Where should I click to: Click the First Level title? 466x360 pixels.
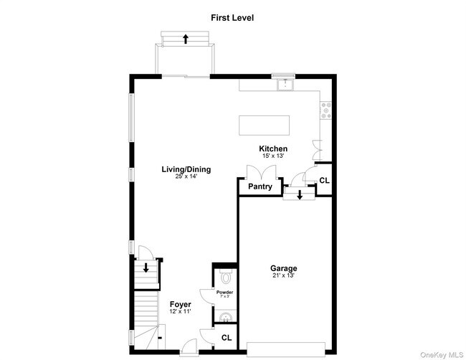click(x=232, y=16)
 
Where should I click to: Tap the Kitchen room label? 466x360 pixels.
click(x=273, y=149)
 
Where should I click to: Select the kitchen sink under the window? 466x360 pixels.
click(x=288, y=85)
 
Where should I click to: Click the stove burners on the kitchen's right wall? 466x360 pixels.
click(x=327, y=109)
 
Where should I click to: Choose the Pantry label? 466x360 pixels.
click(x=260, y=186)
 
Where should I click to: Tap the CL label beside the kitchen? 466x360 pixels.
click(x=325, y=181)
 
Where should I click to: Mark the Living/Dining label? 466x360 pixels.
click(x=186, y=169)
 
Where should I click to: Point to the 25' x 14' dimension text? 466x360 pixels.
click(x=186, y=176)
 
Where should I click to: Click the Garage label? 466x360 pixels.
click(x=284, y=268)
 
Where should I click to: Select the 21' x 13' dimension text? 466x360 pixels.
click(x=284, y=275)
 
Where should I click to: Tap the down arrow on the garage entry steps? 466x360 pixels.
click(x=300, y=195)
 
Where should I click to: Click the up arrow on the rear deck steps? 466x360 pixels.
click(x=186, y=39)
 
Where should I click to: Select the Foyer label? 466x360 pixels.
click(x=180, y=305)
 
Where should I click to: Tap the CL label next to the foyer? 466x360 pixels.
click(x=227, y=337)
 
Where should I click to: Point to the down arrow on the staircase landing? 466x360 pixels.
click(x=146, y=268)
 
